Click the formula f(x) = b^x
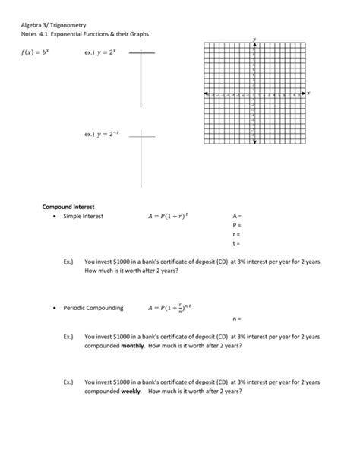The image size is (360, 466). click(35, 53)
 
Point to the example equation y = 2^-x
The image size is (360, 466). click(104, 134)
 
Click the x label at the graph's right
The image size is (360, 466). click(309, 92)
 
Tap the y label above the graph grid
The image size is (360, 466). click(254, 38)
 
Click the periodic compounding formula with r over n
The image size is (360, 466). click(172, 309)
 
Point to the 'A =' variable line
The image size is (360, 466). click(236, 216)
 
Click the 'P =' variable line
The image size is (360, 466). click(236, 225)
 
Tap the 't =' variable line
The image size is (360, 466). click(235, 243)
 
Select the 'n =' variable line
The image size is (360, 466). click(236, 319)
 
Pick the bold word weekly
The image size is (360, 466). click(131, 391)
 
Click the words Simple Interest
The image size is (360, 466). click(83, 216)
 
